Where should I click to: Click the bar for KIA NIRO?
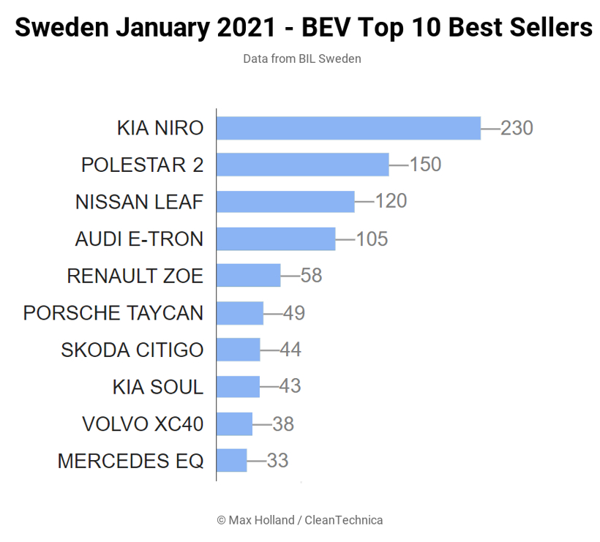(x=348, y=128)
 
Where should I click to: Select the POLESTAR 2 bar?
(x=303, y=165)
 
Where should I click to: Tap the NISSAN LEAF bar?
(x=285, y=202)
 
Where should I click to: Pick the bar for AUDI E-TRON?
(x=276, y=238)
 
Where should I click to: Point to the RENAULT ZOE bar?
(x=249, y=276)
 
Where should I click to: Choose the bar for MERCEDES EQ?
(x=232, y=461)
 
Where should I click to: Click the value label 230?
(x=517, y=128)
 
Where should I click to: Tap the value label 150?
(x=425, y=165)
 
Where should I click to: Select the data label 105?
(x=372, y=238)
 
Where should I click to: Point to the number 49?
(x=294, y=313)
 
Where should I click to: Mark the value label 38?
(x=283, y=424)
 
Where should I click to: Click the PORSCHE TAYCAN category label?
(x=113, y=313)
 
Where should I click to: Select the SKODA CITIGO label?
(x=132, y=350)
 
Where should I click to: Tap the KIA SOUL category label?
(x=158, y=386)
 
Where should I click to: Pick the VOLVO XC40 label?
(x=143, y=424)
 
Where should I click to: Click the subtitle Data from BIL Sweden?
(x=302, y=59)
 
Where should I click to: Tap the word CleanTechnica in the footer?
(x=343, y=520)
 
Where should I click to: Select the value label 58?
(x=312, y=276)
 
